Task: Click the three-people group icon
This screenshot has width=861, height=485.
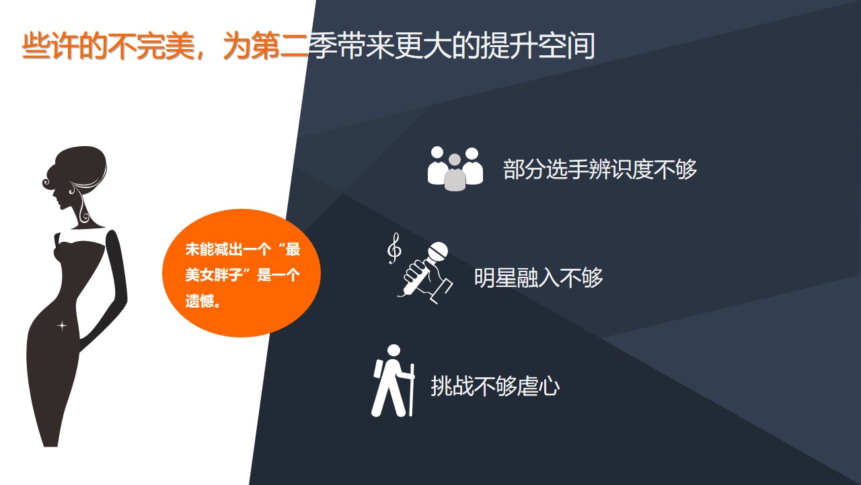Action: coord(455,168)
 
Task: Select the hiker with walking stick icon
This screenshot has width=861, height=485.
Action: coord(393,381)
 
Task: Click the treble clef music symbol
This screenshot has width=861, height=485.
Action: coord(394,249)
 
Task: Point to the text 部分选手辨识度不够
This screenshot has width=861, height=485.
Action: coord(599,169)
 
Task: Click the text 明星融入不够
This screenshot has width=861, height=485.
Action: coord(538,278)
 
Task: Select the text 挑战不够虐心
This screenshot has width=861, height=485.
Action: coord(495,386)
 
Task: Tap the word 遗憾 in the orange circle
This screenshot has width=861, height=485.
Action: coord(200,300)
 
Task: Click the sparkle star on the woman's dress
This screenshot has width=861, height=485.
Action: coord(62,326)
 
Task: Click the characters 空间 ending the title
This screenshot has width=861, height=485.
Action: coord(566,46)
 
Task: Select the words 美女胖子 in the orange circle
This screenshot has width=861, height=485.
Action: coord(214,276)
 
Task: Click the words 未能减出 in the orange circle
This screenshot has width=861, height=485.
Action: coord(214,249)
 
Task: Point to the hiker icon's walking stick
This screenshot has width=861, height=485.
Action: coord(412,389)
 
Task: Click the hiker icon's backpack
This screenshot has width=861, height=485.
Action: coord(377,368)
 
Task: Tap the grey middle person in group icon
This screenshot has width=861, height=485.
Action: coord(455,172)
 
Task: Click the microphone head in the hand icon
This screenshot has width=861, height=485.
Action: coord(438,252)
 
